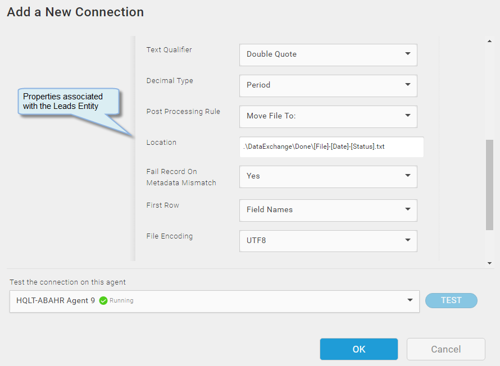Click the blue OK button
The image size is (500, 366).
[x=359, y=349]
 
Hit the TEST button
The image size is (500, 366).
[x=451, y=300]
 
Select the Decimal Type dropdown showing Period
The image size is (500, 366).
[x=328, y=86]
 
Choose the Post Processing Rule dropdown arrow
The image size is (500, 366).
[x=407, y=115]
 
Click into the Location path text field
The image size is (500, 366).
[x=331, y=147]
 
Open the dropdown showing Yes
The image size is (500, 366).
[x=328, y=176]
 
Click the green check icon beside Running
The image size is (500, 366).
[x=103, y=301]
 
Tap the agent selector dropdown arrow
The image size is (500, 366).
[x=410, y=300]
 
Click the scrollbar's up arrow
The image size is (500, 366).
[x=489, y=41]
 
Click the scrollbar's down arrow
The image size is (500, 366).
[x=489, y=263]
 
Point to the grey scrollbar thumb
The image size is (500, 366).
[x=489, y=185]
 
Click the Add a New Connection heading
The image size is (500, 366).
[x=75, y=12]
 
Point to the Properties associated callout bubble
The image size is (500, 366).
[x=69, y=101]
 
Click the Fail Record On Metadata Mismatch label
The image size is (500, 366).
[x=181, y=177]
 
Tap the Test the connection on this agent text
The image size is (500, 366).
[x=67, y=282]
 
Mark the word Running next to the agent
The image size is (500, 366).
[x=121, y=300]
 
